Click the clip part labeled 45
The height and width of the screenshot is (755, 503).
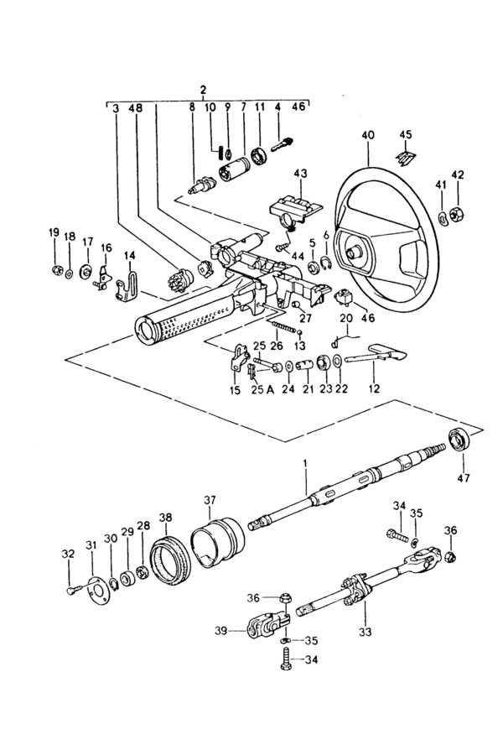point(405,157)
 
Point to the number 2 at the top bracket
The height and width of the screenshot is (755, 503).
point(203,89)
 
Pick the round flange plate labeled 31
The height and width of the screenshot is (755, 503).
point(100,590)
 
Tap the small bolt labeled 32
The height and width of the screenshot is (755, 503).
point(73,590)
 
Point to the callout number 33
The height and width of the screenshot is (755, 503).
point(366,631)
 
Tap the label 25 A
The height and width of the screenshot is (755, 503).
point(262,390)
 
